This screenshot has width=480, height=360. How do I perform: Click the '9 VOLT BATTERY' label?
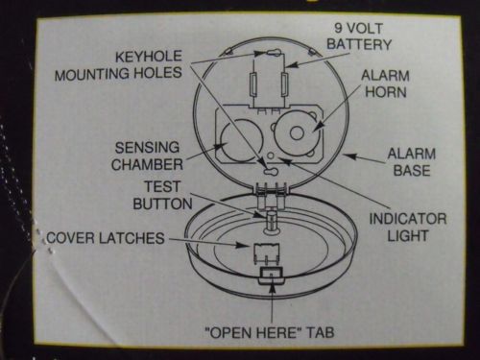coord(359,36)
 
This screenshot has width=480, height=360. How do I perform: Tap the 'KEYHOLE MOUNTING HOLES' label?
coord(118,65)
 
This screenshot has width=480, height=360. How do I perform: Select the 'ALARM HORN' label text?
coord(385,84)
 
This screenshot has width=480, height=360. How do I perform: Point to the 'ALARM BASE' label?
coord(412,162)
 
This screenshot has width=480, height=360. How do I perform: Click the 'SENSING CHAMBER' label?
coord(147,156)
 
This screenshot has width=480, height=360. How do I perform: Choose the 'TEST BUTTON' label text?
coord(162,195)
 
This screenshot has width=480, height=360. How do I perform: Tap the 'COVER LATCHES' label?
coord(106,238)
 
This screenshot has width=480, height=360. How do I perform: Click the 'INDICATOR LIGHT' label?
coord(408,228)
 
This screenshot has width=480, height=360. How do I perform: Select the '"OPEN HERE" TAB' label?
coord(270,333)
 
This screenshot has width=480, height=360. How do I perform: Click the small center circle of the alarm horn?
coord(297,132)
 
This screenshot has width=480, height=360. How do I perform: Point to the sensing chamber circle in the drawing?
coord(242,140)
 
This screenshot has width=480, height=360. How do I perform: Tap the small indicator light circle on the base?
coord(271,156)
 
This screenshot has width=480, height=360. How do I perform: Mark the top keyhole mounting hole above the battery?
coord(273,52)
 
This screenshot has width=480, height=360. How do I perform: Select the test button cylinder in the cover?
coord(272,221)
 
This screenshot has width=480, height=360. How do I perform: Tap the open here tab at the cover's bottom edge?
coord(271,276)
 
